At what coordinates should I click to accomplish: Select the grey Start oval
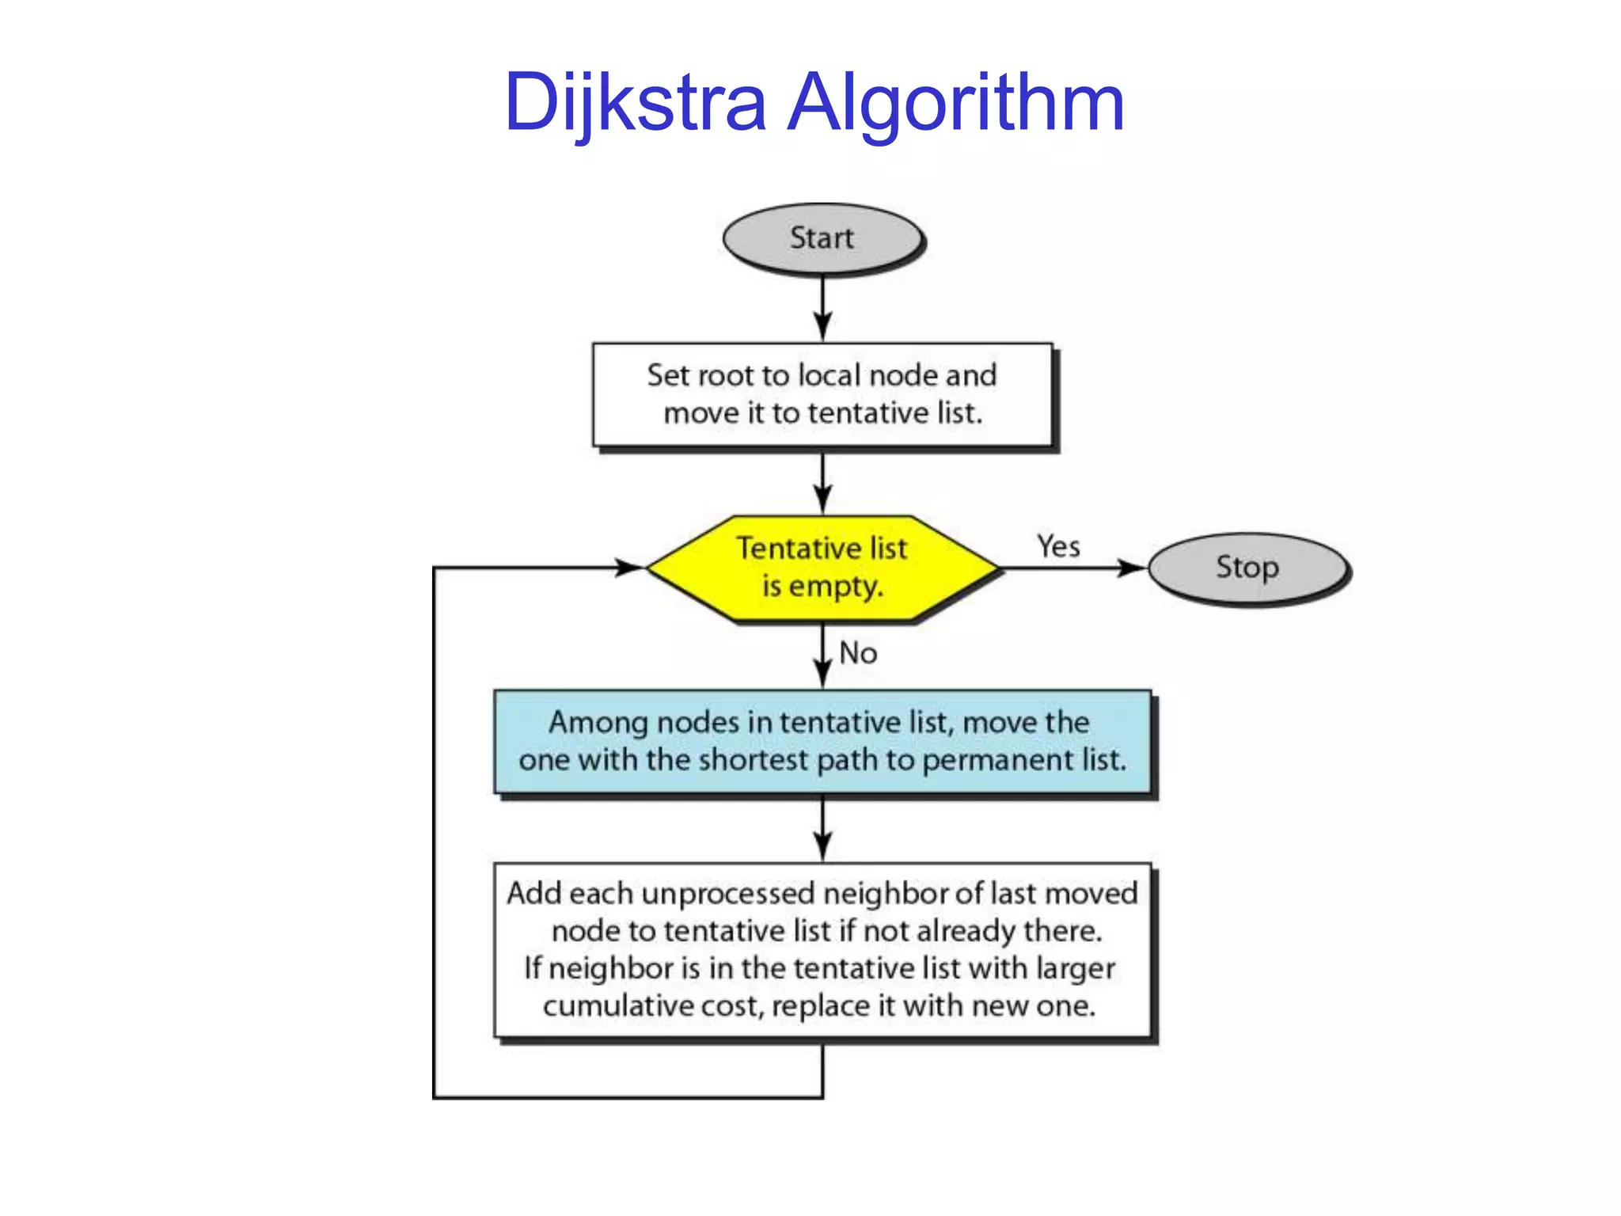click(822, 238)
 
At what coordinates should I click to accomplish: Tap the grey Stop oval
click(1247, 568)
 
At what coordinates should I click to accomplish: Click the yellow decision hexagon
click(822, 568)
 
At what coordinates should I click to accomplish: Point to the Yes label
click(1058, 546)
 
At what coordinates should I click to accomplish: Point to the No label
click(858, 653)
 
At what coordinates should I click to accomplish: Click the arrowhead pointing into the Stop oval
click(1132, 568)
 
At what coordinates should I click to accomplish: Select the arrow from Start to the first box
click(822, 309)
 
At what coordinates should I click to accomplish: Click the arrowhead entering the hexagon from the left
click(630, 568)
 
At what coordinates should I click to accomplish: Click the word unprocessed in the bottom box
click(727, 894)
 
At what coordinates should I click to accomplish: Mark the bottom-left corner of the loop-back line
click(434, 1097)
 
